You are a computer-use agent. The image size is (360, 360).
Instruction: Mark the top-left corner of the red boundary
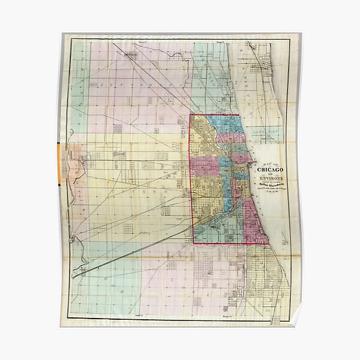click(x=190, y=115)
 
